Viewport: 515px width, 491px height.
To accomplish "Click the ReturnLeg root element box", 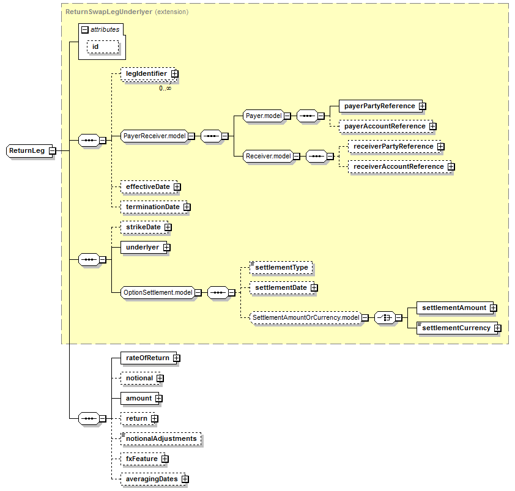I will tap(27, 150).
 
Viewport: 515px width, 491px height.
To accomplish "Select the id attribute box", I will tap(95, 46).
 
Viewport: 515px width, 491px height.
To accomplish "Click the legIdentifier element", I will tap(146, 73).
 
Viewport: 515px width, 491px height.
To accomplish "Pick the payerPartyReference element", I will tap(379, 106).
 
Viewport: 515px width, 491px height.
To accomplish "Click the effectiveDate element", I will tap(147, 186).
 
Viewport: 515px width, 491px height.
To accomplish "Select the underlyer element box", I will tap(142, 247).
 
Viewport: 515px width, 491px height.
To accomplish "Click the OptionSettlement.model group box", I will tap(158, 293).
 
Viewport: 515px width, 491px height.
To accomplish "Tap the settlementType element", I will tap(281, 267).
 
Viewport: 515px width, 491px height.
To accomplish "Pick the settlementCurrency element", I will tap(456, 328).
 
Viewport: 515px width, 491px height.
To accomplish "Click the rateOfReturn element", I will tap(147, 358).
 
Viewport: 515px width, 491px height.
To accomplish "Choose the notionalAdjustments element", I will tap(161, 438).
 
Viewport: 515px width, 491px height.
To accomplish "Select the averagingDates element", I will tap(152, 479).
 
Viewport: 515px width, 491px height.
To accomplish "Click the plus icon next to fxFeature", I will tap(165, 459).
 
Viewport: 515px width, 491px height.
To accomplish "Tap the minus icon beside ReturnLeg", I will tap(52, 150).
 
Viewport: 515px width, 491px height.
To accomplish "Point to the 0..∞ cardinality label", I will tap(165, 88).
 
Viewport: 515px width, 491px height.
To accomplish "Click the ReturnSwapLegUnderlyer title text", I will tap(109, 12).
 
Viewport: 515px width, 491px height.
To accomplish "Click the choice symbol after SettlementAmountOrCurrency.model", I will tap(384, 317).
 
